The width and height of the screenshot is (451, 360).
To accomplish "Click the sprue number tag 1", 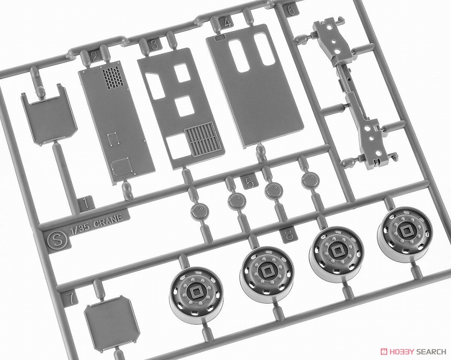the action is click(85, 204).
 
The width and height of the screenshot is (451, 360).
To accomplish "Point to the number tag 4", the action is click(228, 23).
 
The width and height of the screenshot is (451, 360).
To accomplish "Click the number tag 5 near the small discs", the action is click(249, 183).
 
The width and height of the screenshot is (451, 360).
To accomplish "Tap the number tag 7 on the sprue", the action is click(71, 298).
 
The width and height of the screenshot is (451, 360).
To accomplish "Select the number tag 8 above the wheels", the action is click(288, 235).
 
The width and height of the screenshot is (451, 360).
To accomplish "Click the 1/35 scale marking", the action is click(81, 225).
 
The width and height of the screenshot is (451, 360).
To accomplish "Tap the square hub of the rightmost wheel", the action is click(405, 230).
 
